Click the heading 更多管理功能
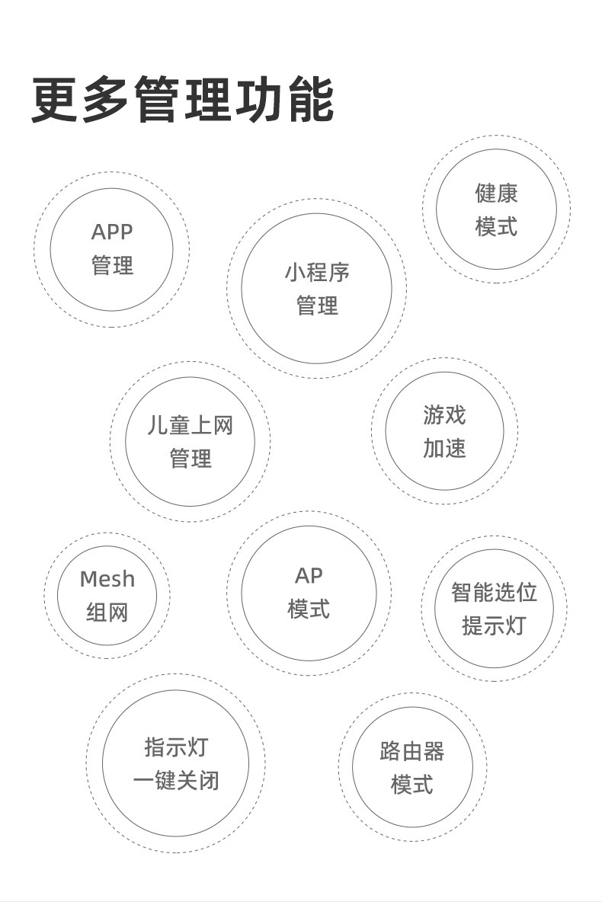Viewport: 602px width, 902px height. pyautogui.click(x=182, y=100)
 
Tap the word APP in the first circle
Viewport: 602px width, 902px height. pyautogui.click(x=112, y=232)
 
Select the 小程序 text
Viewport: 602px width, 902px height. pyautogui.click(x=316, y=271)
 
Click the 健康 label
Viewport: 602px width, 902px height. pyautogui.click(x=496, y=193)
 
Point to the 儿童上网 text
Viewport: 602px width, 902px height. pyautogui.click(x=190, y=425)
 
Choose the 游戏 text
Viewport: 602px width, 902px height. pyautogui.click(x=444, y=414)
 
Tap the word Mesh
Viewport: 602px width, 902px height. pyautogui.click(x=107, y=579)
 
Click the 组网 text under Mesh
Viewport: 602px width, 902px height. pyautogui.click(x=107, y=612)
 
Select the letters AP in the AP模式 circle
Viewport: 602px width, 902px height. pyautogui.click(x=309, y=575)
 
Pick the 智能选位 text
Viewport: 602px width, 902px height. pyautogui.click(x=494, y=592)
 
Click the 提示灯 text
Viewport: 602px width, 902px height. pyautogui.click(x=494, y=625)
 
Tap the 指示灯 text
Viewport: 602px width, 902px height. pyautogui.click(x=175, y=747)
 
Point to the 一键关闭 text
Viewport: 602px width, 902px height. pyautogui.click(x=175, y=781)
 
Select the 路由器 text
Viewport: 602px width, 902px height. pyautogui.click(x=412, y=751)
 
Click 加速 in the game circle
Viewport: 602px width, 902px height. pyautogui.click(x=444, y=447)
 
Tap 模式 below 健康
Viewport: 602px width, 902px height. pyautogui.click(x=496, y=226)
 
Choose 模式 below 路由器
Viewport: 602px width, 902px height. pyautogui.click(x=412, y=785)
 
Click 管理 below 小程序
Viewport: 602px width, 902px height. pyautogui.click(x=316, y=305)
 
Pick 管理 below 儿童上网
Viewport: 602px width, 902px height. pyautogui.click(x=190, y=459)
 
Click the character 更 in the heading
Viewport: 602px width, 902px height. pyautogui.click(x=55, y=100)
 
